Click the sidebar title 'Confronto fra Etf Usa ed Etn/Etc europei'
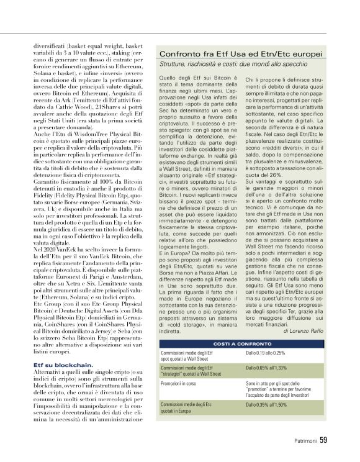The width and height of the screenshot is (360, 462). coord(241,55)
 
